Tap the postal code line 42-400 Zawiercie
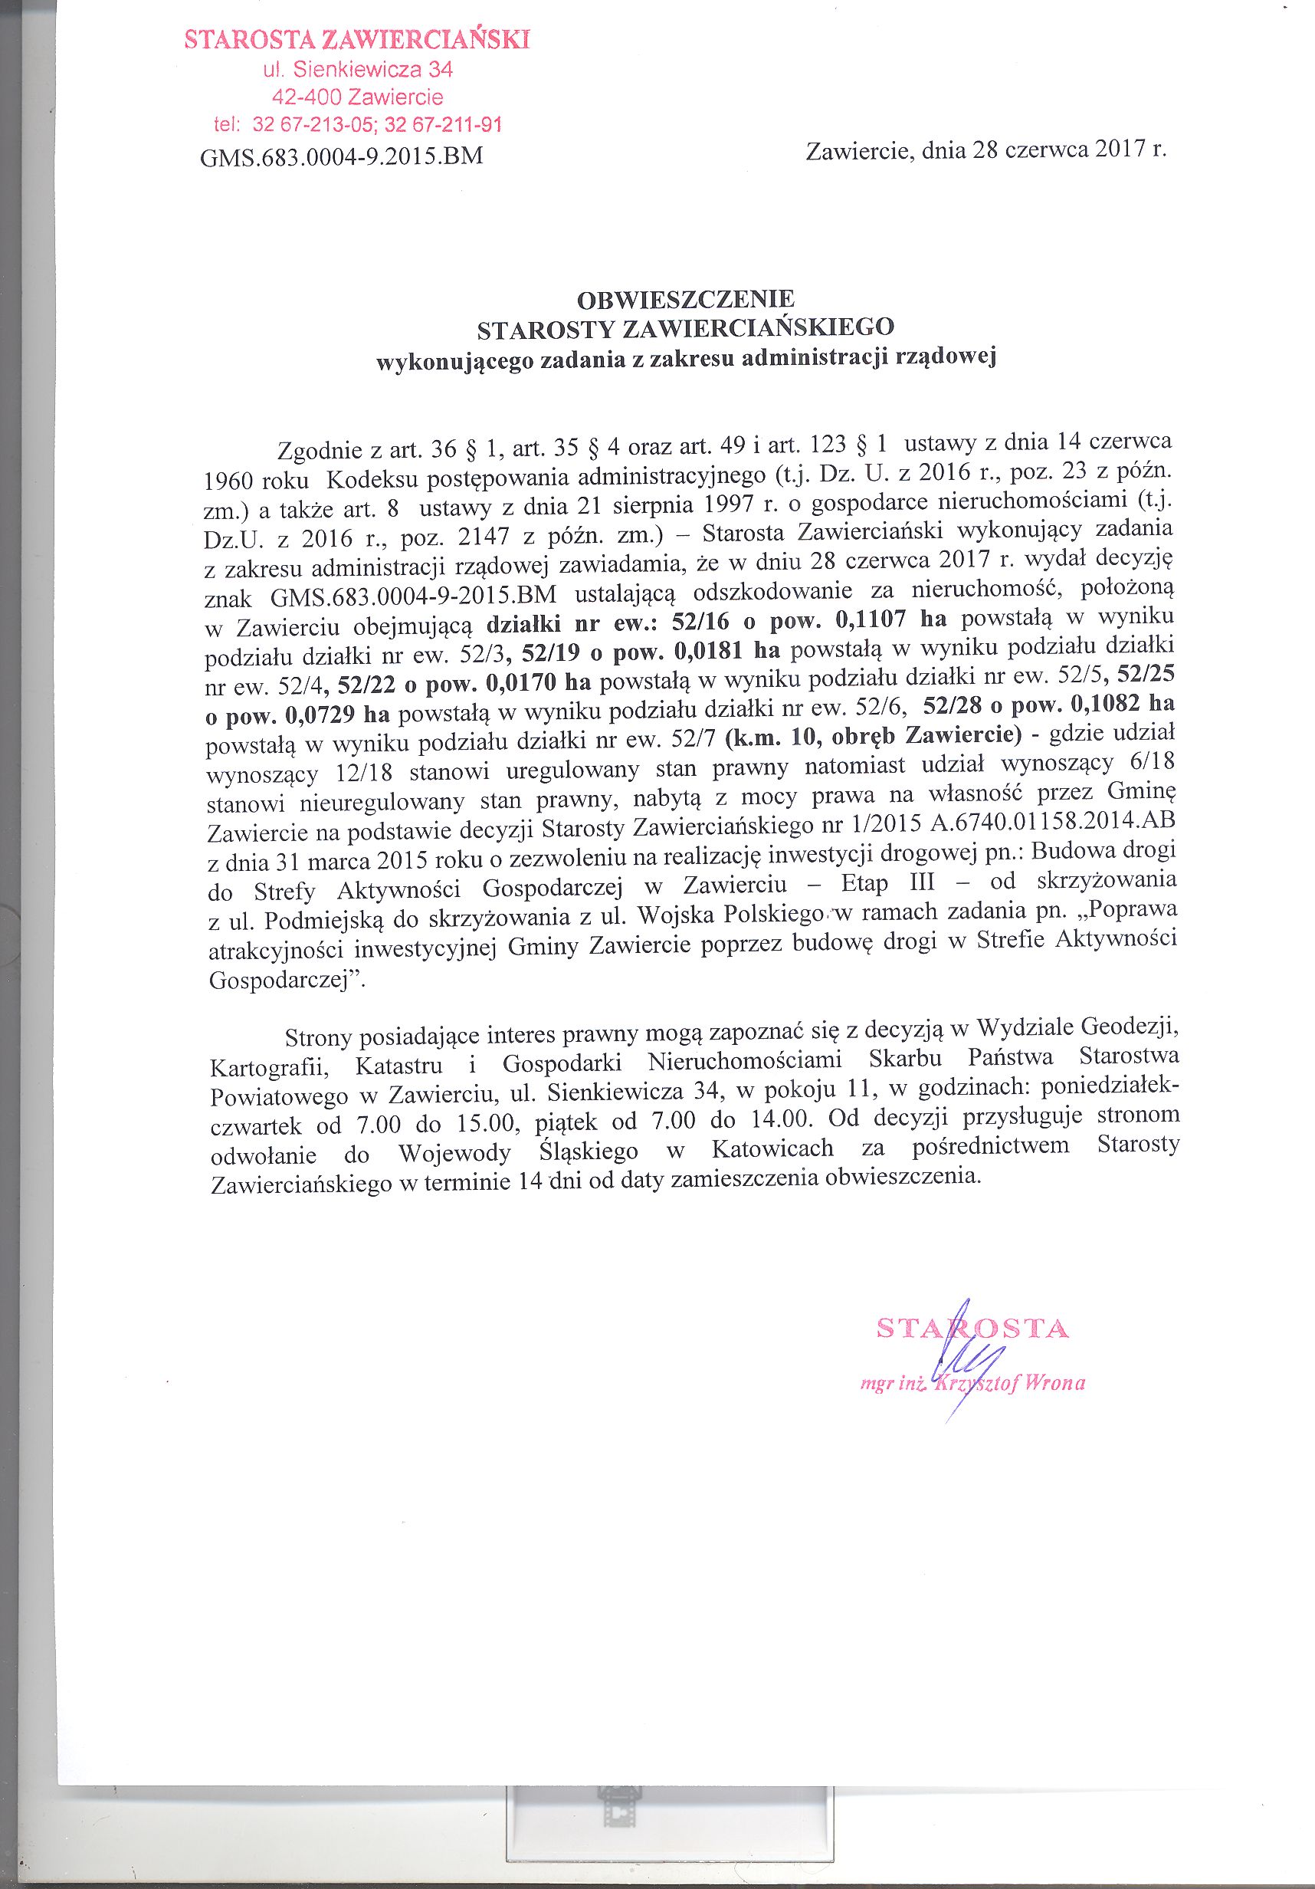coord(358,97)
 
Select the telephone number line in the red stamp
coord(358,125)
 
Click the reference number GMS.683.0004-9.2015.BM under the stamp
coord(341,156)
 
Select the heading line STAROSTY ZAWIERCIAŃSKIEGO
coord(686,327)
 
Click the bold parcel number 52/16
coord(700,622)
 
